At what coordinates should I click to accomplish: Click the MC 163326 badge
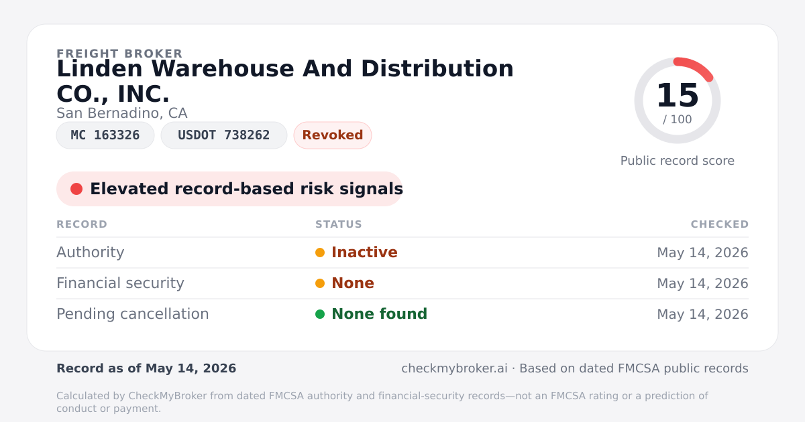click(105, 135)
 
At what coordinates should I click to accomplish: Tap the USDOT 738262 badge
click(224, 135)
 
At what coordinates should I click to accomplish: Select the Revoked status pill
click(333, 135)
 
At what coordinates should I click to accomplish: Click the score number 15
click(678, 95)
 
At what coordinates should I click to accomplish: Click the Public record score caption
click(678, 161)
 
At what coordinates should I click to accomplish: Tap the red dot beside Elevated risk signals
click(76, 189)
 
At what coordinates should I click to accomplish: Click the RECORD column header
click(82, 224)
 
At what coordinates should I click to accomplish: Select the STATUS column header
click(339, 224)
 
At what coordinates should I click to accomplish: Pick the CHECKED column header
click(720, 224)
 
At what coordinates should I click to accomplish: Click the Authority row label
click(90, 253)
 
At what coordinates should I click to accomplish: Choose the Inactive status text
click(364, 253)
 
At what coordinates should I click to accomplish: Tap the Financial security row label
click(120, 283)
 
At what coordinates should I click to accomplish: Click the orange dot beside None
click(320, 283)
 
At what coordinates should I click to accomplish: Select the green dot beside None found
click(320, 314)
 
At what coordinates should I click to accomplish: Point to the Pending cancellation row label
click(133, 314)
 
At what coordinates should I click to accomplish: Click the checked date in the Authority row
click(702, 253)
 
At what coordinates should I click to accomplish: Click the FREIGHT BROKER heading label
click(119, 54)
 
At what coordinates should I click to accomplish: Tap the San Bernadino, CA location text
click(122, 113)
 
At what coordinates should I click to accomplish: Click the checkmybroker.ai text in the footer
click(454, 368)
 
